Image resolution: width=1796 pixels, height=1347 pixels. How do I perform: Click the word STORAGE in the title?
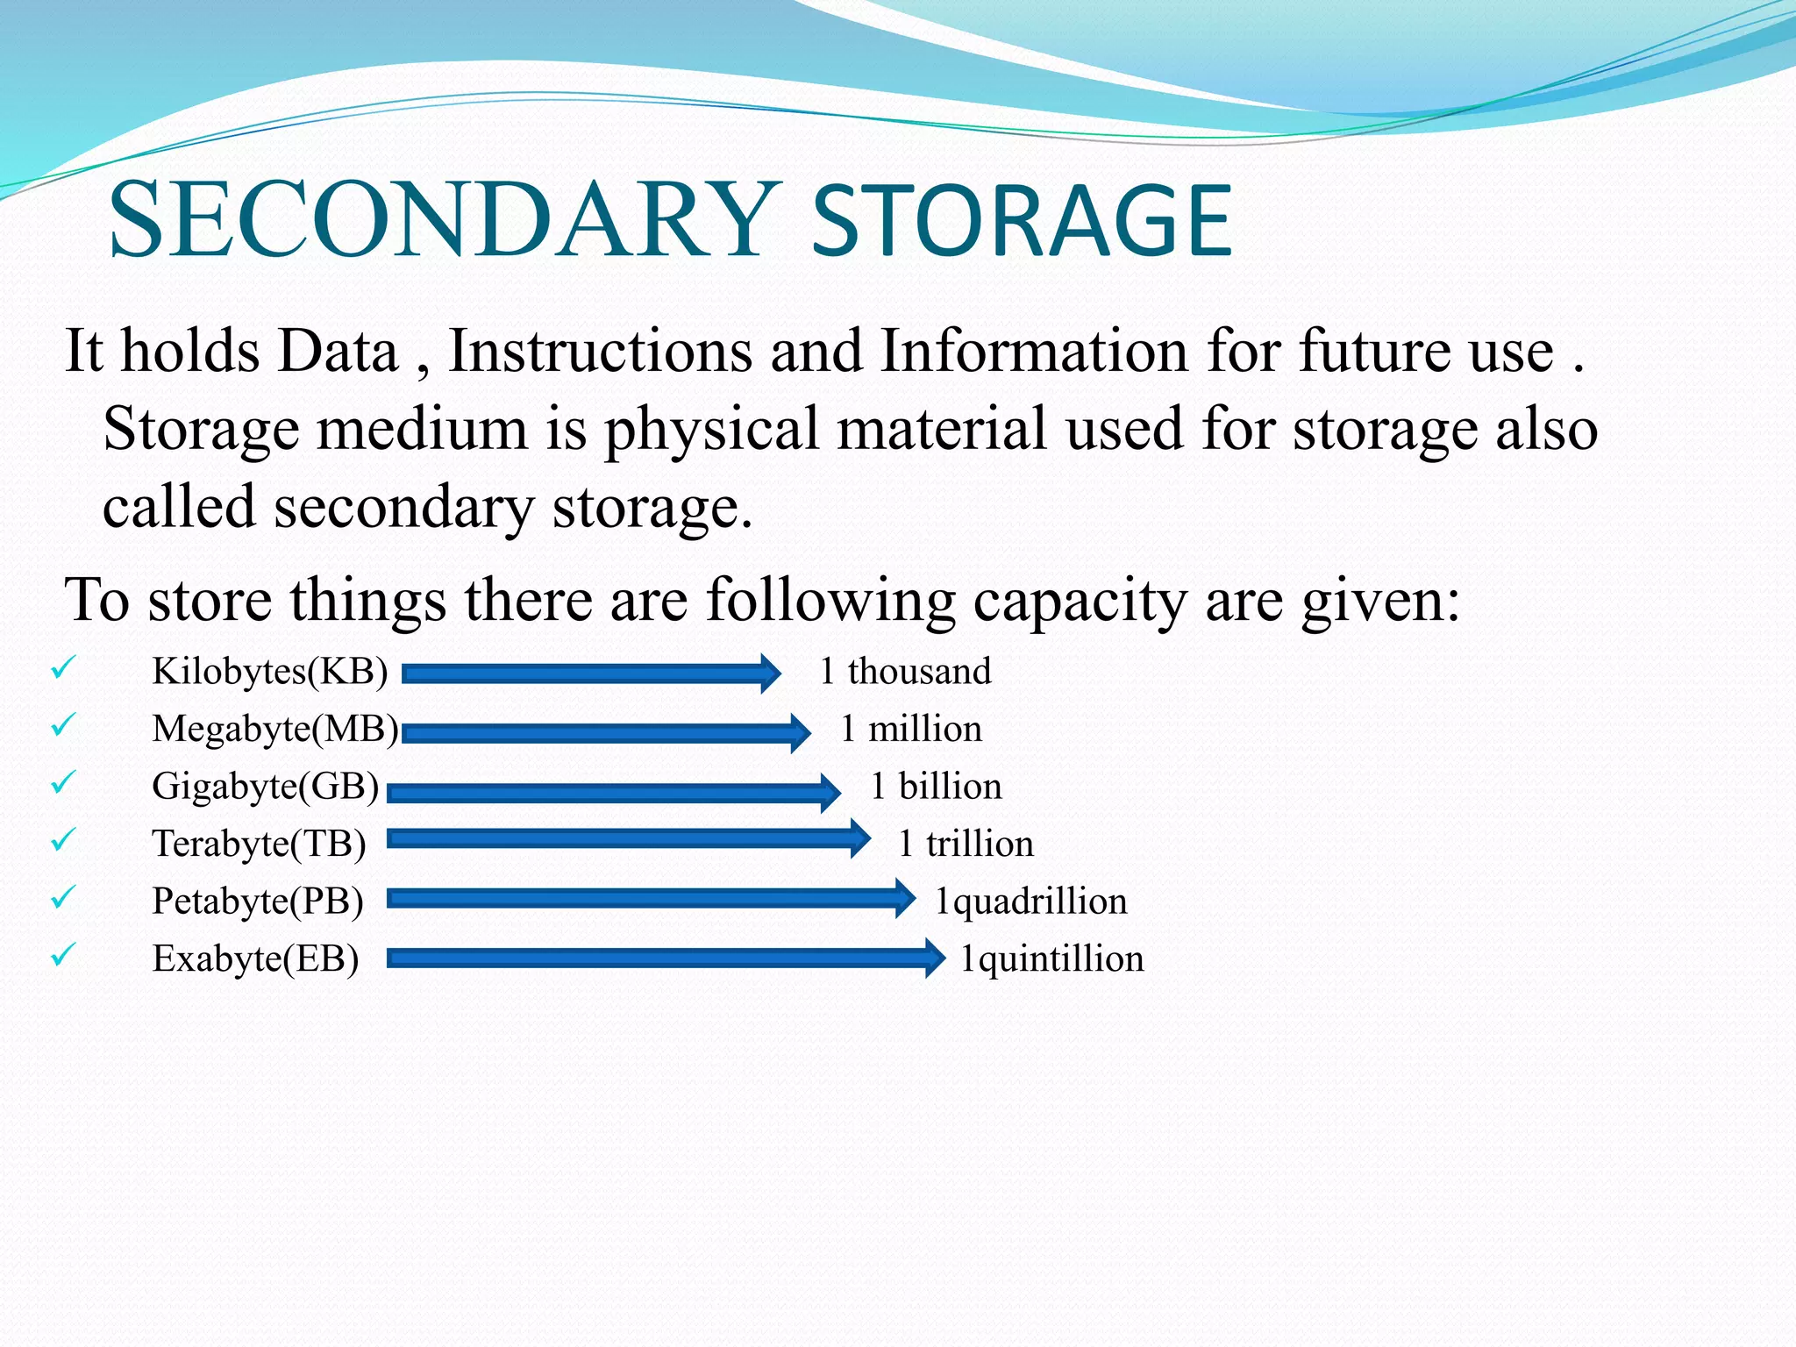[x=1022, y=221]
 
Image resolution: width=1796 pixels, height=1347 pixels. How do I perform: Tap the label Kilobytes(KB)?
[x=269, y=672]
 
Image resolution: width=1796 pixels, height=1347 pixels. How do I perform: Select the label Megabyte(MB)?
[x=274, y=730]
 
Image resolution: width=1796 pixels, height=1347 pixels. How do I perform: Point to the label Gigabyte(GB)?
[x=265, y=787]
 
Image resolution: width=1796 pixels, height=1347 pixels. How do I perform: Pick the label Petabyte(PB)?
[x=257, y=902]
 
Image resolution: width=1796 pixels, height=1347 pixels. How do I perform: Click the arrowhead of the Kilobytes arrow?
[x=770, y=673]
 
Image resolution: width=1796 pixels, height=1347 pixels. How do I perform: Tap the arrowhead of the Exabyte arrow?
[x=935, y=958]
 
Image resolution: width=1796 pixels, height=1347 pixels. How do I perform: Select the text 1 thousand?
[x=905, y=672]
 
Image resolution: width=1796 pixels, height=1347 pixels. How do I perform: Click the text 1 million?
[x=910, y=730]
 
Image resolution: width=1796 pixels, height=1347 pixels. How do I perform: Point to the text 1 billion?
[x=935, y=787]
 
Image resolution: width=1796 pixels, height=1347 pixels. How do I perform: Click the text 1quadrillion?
[x=1030, y=902]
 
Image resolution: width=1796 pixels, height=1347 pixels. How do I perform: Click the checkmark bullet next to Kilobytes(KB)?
[x=63, y=668]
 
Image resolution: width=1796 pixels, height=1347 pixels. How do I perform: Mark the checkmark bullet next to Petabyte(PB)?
[x=63, y=898]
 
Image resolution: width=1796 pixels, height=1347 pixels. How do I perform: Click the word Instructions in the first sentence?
[x=601, y=351]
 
